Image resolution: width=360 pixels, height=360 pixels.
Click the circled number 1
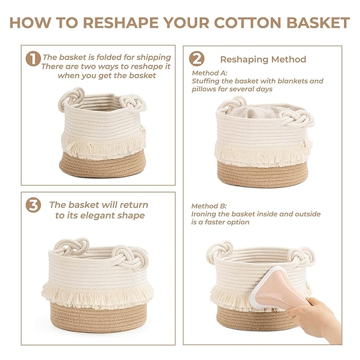(33, 59)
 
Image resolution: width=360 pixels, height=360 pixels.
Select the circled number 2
(197, 58)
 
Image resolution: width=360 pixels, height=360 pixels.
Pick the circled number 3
(33, 206)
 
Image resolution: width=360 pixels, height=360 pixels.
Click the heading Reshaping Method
(263, 59)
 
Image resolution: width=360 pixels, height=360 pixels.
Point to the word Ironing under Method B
(207, 214)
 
